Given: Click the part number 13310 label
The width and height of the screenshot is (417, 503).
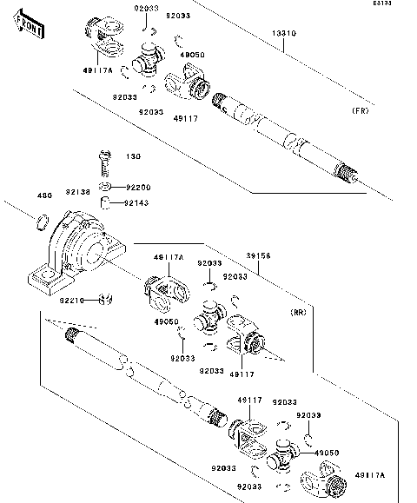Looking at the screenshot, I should tap(284, 34).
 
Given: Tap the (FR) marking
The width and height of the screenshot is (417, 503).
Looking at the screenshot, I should tap(359, 112).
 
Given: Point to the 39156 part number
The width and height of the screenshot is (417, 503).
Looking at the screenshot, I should tap(258, 256).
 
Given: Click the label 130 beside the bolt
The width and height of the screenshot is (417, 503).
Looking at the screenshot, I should tap(133, 157).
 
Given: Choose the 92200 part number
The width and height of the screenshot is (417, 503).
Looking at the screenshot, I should tap(136, 187).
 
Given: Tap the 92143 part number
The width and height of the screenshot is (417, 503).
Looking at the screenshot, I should tap(136, 202).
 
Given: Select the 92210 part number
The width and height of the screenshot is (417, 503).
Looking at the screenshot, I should tap(71, 301).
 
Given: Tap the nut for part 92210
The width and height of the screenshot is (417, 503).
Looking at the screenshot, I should tap(104, 301).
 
